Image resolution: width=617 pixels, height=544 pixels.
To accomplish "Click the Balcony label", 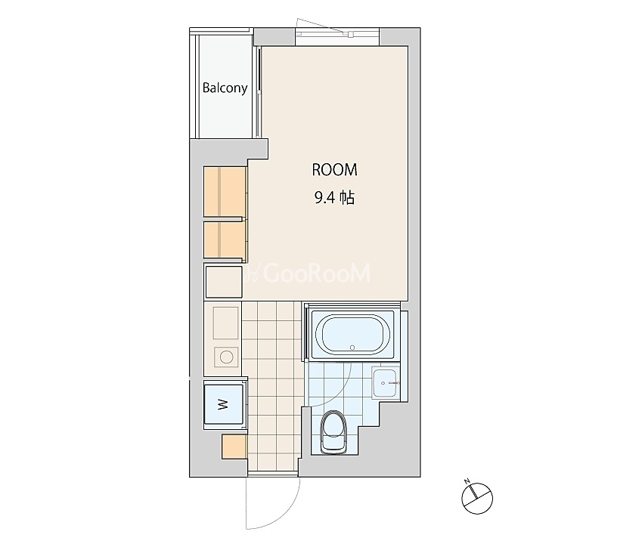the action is (225, 88).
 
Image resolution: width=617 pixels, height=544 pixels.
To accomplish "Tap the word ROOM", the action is (334, 170).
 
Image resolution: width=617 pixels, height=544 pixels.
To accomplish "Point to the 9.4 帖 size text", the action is (334, 198).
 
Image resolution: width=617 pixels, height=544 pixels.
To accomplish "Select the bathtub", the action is (352, 335).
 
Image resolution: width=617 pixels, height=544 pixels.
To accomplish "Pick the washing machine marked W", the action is (223, 404).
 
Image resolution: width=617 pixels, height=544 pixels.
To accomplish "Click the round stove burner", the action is (226, 357).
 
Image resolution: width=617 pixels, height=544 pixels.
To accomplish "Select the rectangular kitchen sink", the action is (226, 323).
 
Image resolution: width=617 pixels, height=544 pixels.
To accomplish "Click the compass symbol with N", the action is (477, 499).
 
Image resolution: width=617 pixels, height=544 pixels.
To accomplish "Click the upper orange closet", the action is (225, 191).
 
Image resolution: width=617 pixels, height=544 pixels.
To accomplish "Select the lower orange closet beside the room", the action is (225, 240).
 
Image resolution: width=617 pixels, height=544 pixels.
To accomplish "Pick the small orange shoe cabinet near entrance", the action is (234, 447).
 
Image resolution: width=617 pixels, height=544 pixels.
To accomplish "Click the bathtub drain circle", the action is (352, 348).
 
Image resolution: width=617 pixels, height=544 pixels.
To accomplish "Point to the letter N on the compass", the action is (467, 481).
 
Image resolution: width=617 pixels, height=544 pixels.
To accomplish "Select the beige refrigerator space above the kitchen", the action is (224, 282).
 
